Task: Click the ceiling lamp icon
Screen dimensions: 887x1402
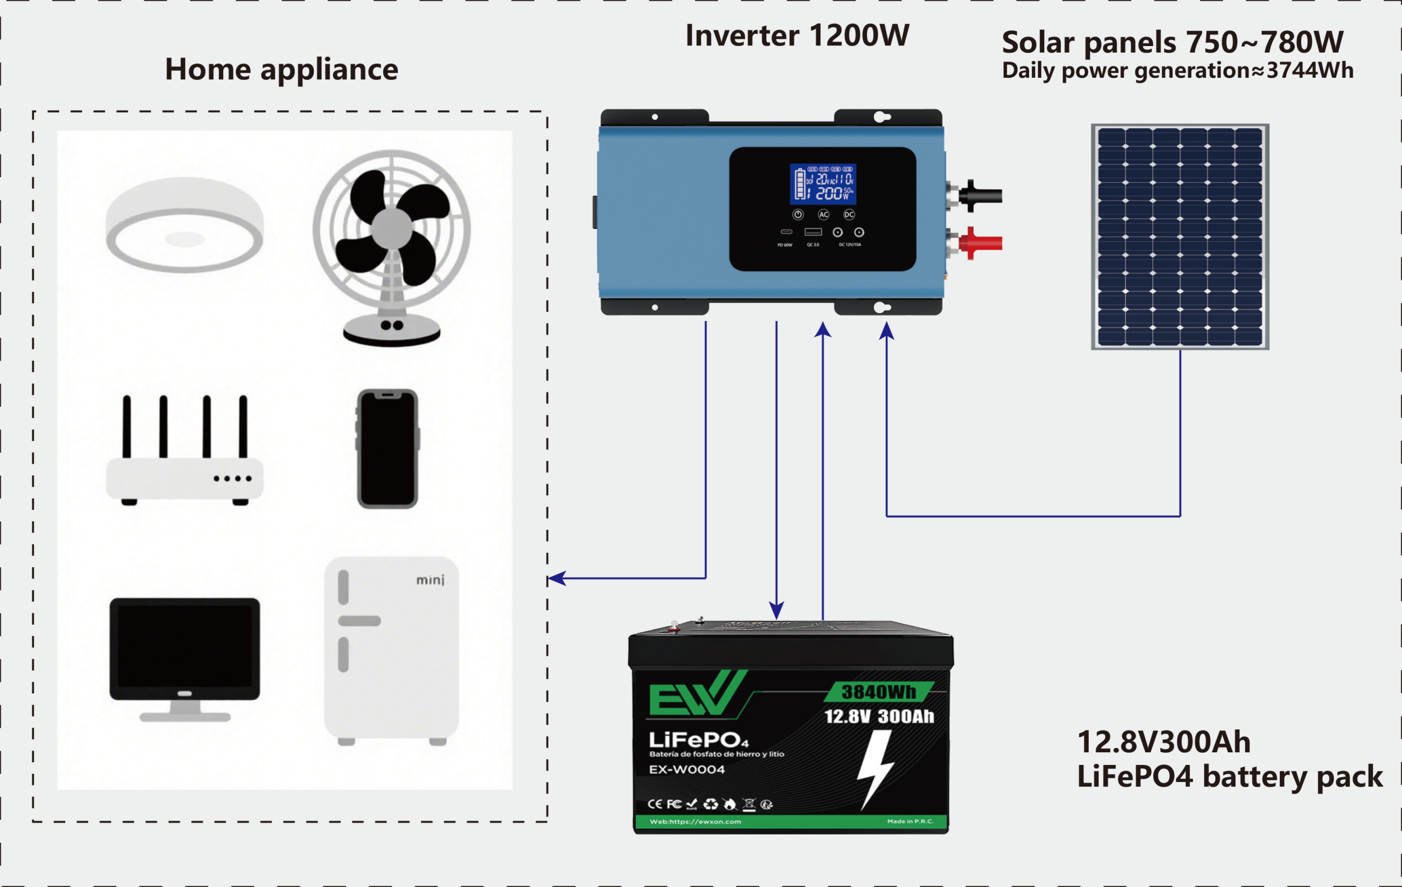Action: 184,224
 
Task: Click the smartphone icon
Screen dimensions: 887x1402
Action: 387,448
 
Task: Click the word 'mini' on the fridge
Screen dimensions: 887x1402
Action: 430,580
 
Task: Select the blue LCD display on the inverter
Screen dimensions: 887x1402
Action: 822,184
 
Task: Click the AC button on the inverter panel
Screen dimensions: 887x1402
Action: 823,215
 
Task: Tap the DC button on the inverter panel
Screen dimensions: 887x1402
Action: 849,215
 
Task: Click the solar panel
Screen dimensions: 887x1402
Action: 1180,237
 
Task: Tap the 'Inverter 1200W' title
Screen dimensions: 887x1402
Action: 796,36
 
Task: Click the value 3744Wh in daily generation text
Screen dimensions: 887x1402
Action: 1309,71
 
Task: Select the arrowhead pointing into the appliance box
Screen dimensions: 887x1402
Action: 556,578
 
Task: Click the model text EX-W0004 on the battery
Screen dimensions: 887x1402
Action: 686,769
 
